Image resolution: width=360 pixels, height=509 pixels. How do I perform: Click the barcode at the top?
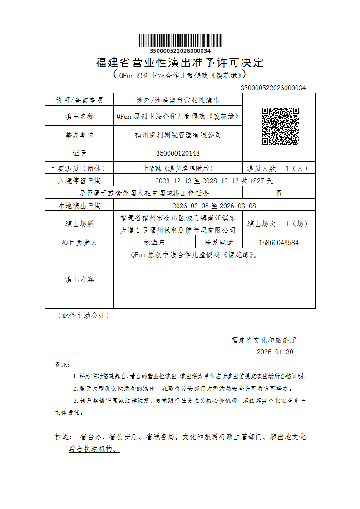(180, 40)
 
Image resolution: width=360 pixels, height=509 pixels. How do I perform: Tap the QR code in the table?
(280, 126)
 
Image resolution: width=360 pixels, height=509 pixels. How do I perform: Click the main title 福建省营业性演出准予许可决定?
(180, 63)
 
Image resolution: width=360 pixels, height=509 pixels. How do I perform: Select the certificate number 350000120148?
(178, 153)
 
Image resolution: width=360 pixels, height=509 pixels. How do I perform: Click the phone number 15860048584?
(279, 242)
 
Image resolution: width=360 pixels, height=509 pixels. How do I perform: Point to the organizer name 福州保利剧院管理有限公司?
(178, 135)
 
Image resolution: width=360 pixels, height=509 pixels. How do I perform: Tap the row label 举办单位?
(79, 135)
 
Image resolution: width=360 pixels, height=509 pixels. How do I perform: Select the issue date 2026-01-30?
(275, 352)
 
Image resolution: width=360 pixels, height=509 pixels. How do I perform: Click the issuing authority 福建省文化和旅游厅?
(264, 340)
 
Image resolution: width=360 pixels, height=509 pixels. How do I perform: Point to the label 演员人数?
(261, 168)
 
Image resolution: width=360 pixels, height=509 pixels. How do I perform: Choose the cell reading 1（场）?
(296, 224)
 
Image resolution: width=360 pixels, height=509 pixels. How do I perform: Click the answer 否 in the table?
(279, 193)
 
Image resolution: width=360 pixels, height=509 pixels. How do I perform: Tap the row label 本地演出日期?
(79, 206)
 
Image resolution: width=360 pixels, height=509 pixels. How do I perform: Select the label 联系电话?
(219, 242)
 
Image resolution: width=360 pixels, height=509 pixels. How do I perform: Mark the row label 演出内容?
(79, 279)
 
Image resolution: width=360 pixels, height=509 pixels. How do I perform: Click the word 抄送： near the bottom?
(63, 437)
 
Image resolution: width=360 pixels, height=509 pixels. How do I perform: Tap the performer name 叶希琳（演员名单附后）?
(178, 168)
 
